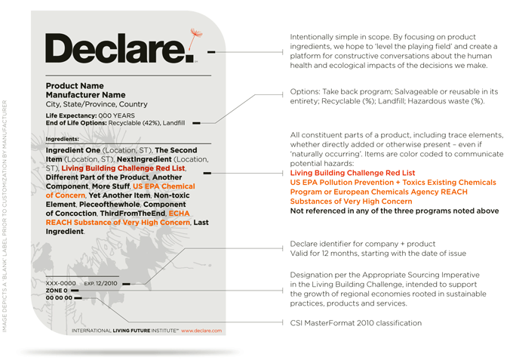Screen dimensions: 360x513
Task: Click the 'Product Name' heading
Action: tap(75, 86)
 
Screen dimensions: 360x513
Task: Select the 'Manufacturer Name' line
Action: tap(85, 95)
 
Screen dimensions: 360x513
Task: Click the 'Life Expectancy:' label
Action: tap(69, 115)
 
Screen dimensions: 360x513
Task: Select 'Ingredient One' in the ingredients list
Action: tap(73, 150)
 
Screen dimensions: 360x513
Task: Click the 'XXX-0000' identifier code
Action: tap(60, 283)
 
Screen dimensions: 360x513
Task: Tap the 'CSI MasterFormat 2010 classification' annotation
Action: tap(355, 323)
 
